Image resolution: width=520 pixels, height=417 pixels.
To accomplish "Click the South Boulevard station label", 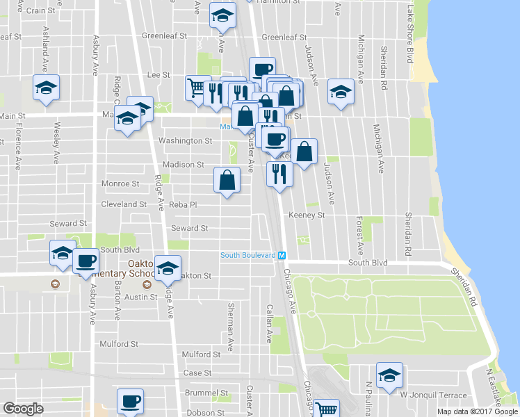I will pos(248,255).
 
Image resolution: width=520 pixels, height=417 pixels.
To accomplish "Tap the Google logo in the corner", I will pos(23,408).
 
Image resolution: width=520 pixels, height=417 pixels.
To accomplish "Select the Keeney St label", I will pos(307,215).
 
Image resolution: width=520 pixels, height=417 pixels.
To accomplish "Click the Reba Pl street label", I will pos(184,205).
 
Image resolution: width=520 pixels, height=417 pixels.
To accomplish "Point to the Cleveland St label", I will pos(124,205).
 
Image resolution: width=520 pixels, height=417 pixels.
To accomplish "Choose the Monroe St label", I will pos(121,184).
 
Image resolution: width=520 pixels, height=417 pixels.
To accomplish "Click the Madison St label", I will pos(184,165).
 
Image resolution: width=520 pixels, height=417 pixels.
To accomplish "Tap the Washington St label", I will pos(185,141).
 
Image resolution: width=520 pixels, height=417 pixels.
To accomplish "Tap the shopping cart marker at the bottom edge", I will pos(325,409).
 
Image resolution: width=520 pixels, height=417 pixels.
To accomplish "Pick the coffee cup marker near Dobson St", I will pos(131,401).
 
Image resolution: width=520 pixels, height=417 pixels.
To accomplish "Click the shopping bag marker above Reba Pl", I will pos(227,181).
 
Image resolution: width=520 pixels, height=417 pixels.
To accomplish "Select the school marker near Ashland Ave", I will pos(47,88).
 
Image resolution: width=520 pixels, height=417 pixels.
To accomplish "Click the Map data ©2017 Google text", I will pos(478,411).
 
